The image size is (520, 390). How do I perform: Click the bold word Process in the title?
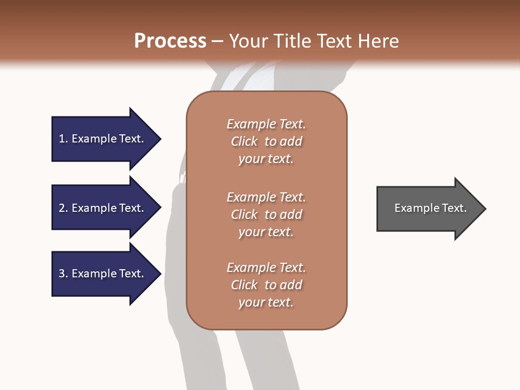[170, 41]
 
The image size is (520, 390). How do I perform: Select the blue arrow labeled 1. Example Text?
[101, 139]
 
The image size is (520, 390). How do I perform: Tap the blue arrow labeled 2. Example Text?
[101, 208]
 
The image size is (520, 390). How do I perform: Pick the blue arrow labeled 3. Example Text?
[101, 274]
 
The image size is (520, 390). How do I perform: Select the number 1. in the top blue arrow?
[63, 139]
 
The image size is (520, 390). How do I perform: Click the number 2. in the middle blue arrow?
[63, 208]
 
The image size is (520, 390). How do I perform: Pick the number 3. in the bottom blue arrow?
[63, 274]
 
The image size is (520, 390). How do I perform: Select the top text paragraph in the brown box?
[266, 141]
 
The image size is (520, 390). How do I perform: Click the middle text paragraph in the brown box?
[266, 214]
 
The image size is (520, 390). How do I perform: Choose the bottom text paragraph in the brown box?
[266, 285]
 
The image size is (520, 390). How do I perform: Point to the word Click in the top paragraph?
[244, 141]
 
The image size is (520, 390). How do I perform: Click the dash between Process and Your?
[218, 41]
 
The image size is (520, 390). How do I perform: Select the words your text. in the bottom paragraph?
[266, 302]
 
